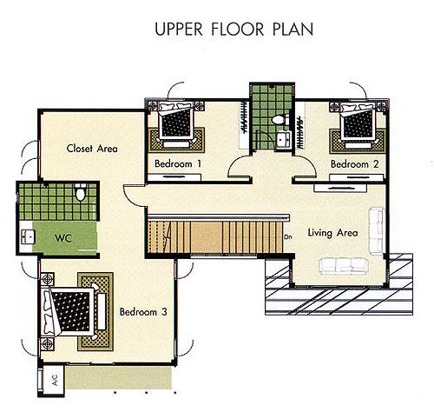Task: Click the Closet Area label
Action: (x=92, y=149)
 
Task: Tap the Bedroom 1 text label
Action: (x=178, y=163)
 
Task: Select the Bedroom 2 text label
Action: (x=354, y=164)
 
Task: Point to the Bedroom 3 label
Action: (x=143, y=312)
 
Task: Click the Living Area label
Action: (x=332, y=233)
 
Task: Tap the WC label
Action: (x=63, y=238)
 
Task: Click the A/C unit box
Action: (x=53, y=380)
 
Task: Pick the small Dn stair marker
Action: (x=288, y=237)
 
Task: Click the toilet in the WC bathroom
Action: (x=81, y=192)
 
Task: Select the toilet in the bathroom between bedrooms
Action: (x=280, y=119)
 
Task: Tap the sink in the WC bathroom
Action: (x=28, y=236)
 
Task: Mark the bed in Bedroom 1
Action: (x=176, y=120)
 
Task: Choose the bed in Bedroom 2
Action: (x=358, y=121)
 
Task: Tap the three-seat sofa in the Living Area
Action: (x=344, y=267)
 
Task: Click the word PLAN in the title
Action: (x=293, y=30)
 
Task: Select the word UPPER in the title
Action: (x=179, y=30)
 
